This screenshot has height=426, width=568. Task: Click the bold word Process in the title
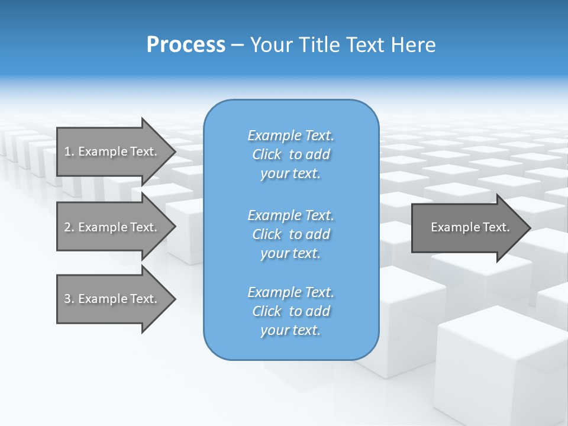click(186, 45)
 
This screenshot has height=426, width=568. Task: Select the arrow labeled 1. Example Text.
click(111, 151)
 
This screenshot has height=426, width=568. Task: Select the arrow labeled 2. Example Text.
click(111, 227)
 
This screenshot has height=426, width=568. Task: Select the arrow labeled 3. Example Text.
click(111, 299)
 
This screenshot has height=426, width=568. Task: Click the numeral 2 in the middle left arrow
click(67, 227)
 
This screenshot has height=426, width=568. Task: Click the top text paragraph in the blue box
click(291, 154)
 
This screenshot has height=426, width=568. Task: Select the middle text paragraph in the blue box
click(291, 234)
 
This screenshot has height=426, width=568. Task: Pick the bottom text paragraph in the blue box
click(291, 311)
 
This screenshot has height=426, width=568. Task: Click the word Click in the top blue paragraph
click(267, 154)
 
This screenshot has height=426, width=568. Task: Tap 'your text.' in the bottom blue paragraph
click(291, 330)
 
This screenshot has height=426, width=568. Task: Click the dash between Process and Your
click(238, 46)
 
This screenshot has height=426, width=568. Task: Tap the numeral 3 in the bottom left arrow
click(67, 299)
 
